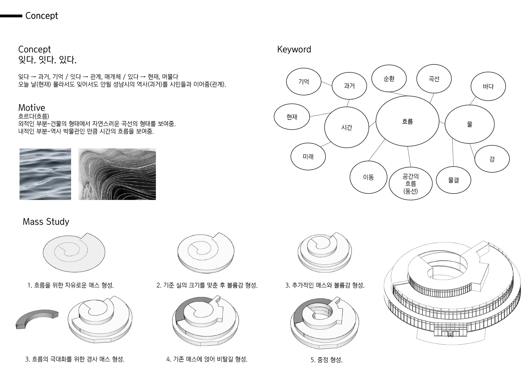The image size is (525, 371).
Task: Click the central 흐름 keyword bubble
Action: [407, 121]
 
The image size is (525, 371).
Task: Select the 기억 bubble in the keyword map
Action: [303, 82]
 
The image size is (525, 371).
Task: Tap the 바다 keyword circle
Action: [488, 86]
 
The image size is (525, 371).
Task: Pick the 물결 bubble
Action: [453, 180]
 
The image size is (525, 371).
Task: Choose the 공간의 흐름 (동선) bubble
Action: [410, 184]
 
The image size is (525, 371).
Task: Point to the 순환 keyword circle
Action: [389, 79]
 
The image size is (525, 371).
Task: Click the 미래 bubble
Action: [308, 156]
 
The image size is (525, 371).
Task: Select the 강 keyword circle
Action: [492, 159]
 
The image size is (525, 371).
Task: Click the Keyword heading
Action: [294, 50]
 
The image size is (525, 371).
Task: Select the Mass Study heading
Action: [46, 222]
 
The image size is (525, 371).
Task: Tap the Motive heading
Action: [32, 108]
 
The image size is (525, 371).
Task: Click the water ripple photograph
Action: [45, 174]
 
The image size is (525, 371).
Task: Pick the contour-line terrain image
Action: [117, 174]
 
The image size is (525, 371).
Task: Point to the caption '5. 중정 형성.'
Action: [326, 360]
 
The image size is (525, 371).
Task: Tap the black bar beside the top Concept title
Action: [11, 16]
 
